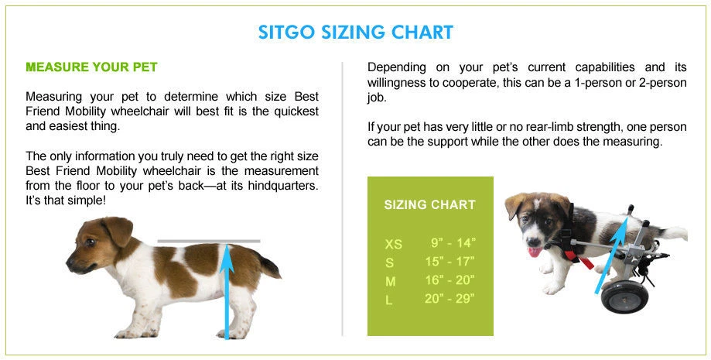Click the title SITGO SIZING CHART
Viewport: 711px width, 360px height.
[x=356, y=33]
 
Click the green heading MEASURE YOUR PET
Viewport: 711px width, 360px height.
[x=91, y=67]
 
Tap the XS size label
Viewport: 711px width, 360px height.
[x=393, y=245]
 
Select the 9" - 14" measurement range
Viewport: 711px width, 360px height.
[x=453, y=243]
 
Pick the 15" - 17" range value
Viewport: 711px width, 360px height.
[x=450, y=262]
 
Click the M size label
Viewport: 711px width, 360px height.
[x=390, y=282]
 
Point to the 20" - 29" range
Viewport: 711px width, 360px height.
[x=450, y=299]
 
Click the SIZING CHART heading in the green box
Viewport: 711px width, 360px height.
[x=430, y=204]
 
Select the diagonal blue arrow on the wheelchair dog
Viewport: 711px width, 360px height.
[x=612, y=256]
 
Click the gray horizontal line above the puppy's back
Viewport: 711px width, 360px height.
[x=209, y=241]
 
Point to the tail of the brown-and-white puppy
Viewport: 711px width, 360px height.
[x=269, y=266]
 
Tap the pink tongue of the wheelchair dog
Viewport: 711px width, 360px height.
[x=535, y=252]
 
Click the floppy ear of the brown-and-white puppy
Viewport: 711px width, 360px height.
[x=118, y=229]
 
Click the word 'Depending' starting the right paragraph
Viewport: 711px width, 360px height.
[x=397, y=68]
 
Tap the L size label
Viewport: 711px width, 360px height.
[x=388, y=300]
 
